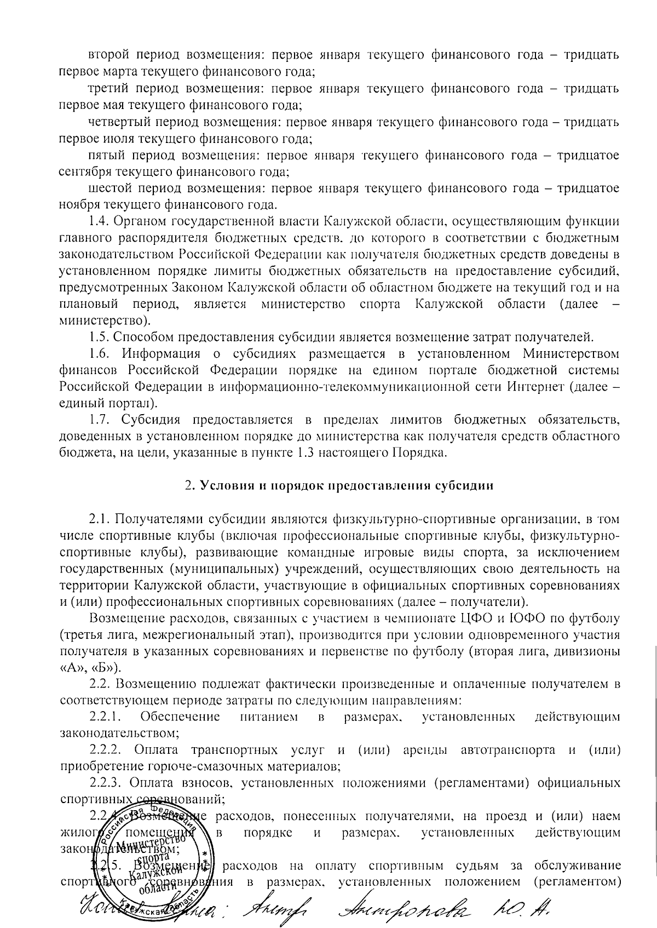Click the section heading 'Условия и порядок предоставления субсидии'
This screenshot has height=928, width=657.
(x=345, y=486)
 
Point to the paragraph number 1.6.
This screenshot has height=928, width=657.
(x=100, y=353)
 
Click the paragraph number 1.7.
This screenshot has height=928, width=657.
(x=100, y=420)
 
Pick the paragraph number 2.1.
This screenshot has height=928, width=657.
(x=100, y=519)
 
